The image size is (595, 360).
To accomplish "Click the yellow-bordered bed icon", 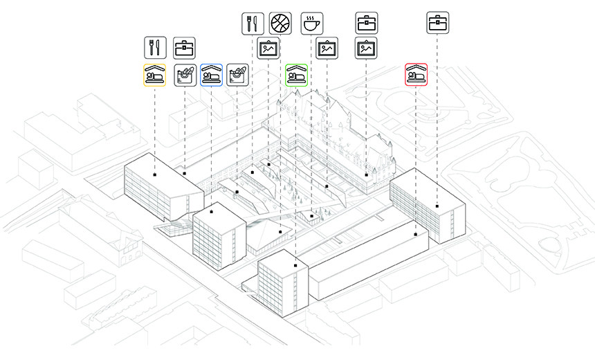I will click(154, 75).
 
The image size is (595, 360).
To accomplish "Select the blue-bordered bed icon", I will click(211, 75).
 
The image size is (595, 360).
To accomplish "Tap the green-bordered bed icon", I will click(296, 75).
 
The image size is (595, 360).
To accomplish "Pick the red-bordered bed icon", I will click(416, 75).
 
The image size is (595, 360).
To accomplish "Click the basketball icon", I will click(280, 24).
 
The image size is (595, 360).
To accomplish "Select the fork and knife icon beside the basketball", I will click(253, 24).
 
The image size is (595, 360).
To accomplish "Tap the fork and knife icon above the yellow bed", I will click(154, 47).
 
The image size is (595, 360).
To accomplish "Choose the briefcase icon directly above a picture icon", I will click(366, 24).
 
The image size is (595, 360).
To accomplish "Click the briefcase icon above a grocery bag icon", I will click(183, 47).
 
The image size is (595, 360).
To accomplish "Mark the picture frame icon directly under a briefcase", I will click(366, 48).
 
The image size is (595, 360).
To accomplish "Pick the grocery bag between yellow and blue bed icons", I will click(183, 75).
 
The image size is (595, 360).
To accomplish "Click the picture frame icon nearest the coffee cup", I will click(327, 48).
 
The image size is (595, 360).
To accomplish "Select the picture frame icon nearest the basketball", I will click(268, 48).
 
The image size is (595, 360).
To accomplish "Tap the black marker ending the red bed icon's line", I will click(415, 235).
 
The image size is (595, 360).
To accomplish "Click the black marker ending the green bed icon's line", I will click(295, 264).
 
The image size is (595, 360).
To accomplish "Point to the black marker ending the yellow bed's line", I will click(154, 175).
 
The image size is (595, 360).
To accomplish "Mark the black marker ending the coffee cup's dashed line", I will click(312, 217).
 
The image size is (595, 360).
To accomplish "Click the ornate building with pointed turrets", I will click(339, 135).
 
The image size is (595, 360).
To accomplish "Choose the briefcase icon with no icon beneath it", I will click(437, 24).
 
